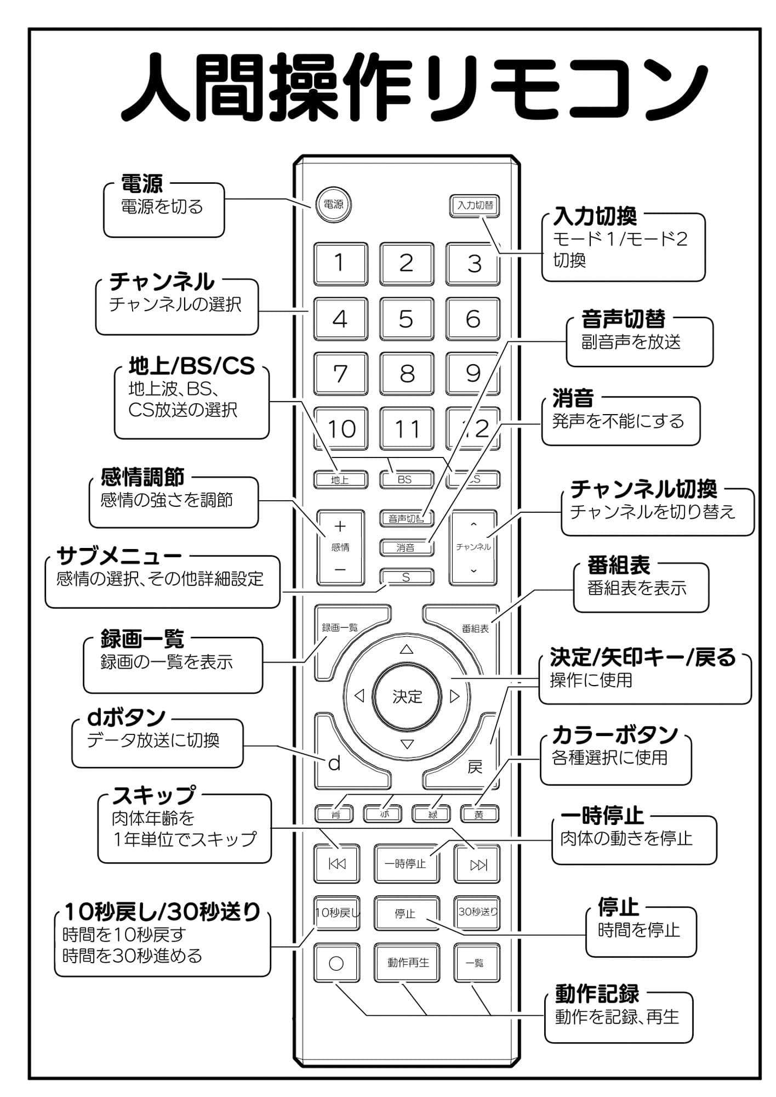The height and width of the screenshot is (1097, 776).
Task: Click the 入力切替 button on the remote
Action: click(475, 205)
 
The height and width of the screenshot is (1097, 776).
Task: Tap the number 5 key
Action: click(406, 319)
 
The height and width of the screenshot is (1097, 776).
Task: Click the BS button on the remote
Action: click(406, 479)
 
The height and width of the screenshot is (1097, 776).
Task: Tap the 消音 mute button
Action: click(406, 547)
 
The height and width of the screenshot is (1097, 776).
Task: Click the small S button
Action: click(406, 577)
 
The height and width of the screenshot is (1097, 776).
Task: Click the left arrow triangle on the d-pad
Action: click(360, 696)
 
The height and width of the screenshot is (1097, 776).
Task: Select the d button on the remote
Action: click(335, 764)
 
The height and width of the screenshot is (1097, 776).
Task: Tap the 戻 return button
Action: click(475, 767)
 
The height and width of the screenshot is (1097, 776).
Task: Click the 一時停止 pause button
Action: click(406, 864)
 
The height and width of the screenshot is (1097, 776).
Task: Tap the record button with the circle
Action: click(336, 963)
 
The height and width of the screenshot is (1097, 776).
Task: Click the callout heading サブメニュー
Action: click(119, 556)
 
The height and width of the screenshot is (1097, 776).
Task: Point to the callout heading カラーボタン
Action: click(615, 734)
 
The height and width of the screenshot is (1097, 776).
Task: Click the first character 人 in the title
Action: click(156, 88)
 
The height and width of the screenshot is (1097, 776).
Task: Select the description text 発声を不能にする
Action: click(618, 421)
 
